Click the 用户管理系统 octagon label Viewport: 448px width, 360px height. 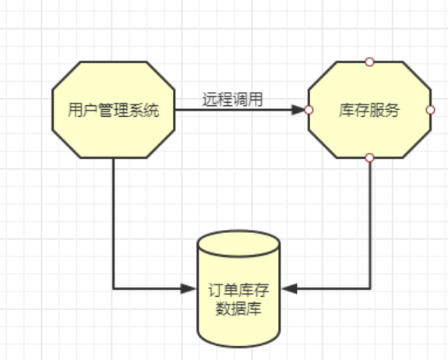pos(114,110)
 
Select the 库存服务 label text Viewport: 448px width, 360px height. pos(369,110)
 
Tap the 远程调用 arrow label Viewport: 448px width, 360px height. pos(232,100)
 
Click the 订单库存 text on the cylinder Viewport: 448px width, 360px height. pos(238,290)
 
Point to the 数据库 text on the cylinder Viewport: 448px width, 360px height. pos(238,309)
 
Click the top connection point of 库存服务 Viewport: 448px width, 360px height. pos(369,62)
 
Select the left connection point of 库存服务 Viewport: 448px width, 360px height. pos(309,110)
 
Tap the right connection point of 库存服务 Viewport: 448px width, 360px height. pos(430,110)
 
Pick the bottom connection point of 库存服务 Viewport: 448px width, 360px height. pos(369,157)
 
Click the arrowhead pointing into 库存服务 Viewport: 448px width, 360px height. pos(298,110)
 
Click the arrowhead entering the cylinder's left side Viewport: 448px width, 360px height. pos(189,288)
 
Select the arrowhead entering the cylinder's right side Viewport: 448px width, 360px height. pos(289,288)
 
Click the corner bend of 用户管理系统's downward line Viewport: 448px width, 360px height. pos(114,288)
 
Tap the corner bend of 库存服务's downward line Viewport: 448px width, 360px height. pos(370,288)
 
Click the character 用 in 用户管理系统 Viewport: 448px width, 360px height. pos(76,110)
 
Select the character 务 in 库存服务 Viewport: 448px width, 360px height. pos(392,110)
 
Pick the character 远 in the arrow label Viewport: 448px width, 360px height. pos(210,100)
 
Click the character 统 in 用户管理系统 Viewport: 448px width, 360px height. pos(151,110)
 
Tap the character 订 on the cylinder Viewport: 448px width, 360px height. pos(216,290)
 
